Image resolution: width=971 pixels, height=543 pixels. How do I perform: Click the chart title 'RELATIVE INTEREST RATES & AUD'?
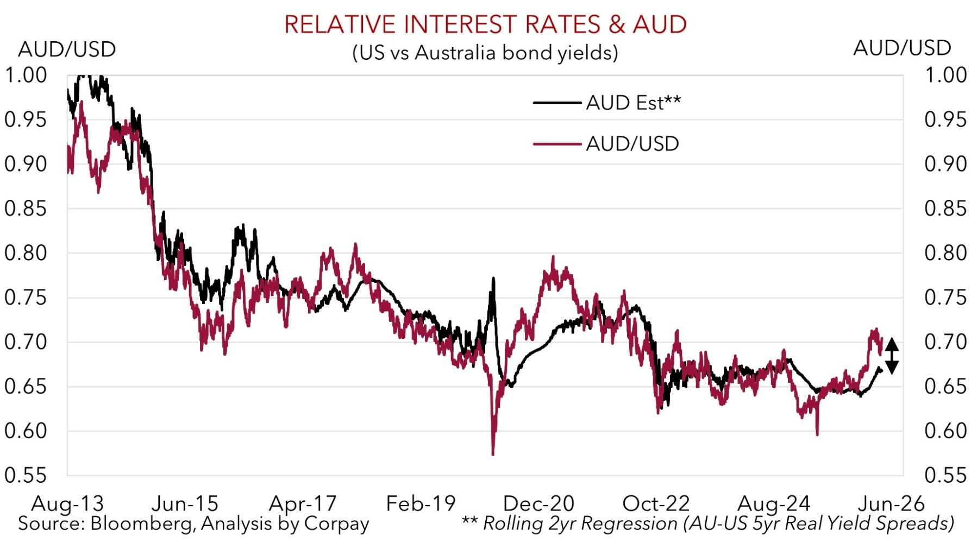(x=485, y=24)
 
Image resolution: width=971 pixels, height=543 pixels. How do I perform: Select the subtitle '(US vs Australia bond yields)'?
(x=485, y=53)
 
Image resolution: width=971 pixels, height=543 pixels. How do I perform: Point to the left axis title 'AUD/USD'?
(x=67, y=49)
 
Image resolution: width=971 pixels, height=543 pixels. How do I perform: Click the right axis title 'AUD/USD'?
(x=902, y=48)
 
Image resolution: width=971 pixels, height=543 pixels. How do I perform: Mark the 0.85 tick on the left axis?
(x=26, y=209)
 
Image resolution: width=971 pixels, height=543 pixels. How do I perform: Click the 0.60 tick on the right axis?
(x=945, y=431)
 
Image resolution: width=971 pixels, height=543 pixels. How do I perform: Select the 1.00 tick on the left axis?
(x=26, y=75)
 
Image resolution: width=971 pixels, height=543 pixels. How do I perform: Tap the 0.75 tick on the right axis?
(x=945, y=298)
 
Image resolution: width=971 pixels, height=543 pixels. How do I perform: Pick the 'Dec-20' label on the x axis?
(x=538, y=503)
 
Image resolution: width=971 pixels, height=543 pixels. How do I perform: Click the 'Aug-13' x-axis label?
(x=67, y=503)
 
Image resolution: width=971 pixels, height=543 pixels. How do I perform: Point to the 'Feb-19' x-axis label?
(x=421, y=503)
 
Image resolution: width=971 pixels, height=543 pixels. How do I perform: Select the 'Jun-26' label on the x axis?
(x=891, y=503)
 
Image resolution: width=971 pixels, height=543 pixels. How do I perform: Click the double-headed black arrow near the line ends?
(x=892, y=356)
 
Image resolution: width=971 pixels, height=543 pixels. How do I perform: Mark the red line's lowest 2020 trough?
(x=493, y=454)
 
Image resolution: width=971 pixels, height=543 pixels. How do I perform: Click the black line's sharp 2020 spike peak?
(x=493, y=279)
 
